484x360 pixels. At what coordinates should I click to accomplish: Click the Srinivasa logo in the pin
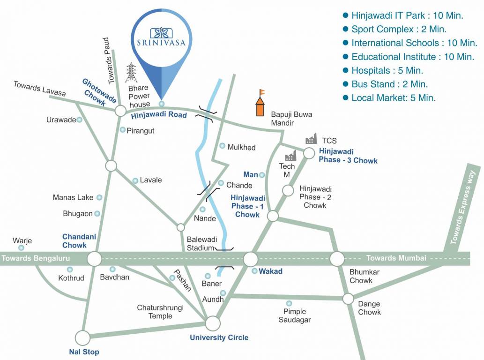tap(161, 37)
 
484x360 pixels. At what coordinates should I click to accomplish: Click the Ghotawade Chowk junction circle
tap(120, 111)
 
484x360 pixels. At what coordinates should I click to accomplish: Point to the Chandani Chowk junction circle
tap(94, 259)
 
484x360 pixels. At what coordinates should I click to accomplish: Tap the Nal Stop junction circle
tap(82, 337)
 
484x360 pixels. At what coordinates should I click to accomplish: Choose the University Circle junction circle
tap(213, 323)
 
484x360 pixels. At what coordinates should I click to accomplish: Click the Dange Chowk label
tap(369, 308)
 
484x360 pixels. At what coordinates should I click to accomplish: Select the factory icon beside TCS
tap(311, 139)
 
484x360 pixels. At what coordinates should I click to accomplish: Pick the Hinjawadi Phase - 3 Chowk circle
tap(309, 153)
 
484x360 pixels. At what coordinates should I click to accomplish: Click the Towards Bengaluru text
tap(36, 258)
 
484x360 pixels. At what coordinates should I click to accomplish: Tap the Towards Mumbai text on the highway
tap(396, 258)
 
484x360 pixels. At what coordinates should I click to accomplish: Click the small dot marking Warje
tap(21, 247)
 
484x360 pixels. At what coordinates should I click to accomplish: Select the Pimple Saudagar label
tap(295, 315)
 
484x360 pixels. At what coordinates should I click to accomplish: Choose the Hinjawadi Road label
tap(159, 115)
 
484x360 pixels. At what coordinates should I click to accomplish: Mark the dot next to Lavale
tap(135, 180)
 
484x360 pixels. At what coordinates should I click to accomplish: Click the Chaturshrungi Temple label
tap(160, 312)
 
